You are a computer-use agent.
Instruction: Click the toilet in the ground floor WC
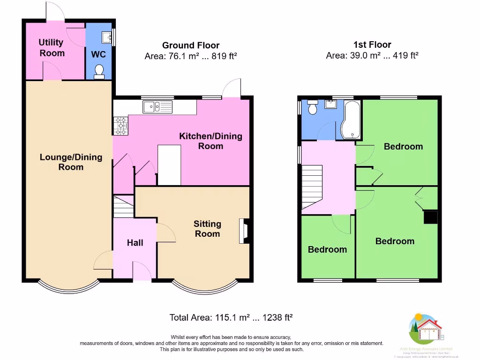[x=99, y=71]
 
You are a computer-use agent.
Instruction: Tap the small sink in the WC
[x=106, y=36]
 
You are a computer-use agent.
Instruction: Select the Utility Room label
[x=52, y=48]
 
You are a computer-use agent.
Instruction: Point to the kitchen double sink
[x=157, y=107]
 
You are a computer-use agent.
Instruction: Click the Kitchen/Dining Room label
[x=210, y=141]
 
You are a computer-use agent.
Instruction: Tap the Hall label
[x=135, y=243]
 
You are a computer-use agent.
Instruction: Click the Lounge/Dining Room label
[x=71, y=162]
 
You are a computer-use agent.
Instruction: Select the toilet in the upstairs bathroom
[x=312, y=109]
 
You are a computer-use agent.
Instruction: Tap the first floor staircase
[x=312, y=187]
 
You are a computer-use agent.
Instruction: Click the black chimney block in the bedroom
[x=430, y=217]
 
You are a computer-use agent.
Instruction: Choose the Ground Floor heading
[x=191, y=45]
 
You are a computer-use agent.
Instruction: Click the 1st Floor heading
[x=372, y=45]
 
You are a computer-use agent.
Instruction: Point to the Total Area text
[x=231, y=317]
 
